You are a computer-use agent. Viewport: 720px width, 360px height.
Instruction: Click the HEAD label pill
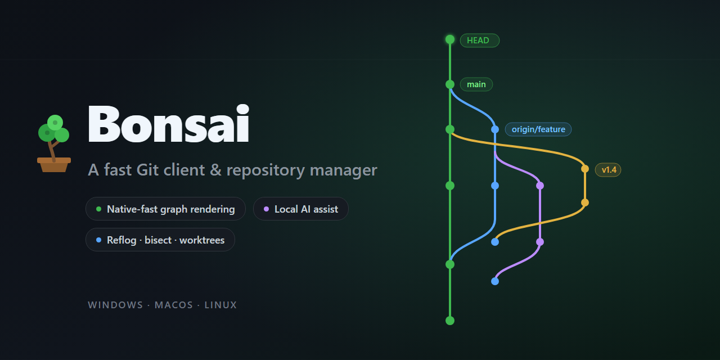(x=480, y=40)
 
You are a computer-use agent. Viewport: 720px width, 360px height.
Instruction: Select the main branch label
(x=476, y=84)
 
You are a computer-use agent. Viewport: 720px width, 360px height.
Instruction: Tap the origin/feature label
(x=538, y=129)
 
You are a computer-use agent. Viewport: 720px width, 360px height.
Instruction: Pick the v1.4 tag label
(x=608, y=170)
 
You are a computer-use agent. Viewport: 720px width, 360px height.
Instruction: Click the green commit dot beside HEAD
(x=450, y=39)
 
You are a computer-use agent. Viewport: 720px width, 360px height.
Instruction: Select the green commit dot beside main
(x=450, y=84)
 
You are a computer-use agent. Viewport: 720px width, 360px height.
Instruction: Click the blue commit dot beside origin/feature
(x=495, y=129)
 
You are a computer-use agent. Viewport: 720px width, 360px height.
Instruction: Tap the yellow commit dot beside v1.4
(x=585, y=169)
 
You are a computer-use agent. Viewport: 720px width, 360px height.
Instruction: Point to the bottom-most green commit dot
(x=450, y=321)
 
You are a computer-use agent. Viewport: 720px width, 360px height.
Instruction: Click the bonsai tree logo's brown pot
(x=54, y=165)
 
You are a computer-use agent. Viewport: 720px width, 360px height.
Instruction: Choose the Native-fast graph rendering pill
(x=165, y=209)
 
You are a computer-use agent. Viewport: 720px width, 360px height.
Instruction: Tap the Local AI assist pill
(x=301, y=209)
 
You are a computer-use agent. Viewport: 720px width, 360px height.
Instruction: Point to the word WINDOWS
(x=115, y=305)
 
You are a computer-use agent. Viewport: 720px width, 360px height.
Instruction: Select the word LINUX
(x=221, y=305)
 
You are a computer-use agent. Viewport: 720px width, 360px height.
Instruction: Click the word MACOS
(x=174, y=305)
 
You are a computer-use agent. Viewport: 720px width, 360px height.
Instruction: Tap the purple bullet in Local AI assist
(x=266, y=209)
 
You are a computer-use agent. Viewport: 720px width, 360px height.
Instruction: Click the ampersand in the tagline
(x=215, y=170)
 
